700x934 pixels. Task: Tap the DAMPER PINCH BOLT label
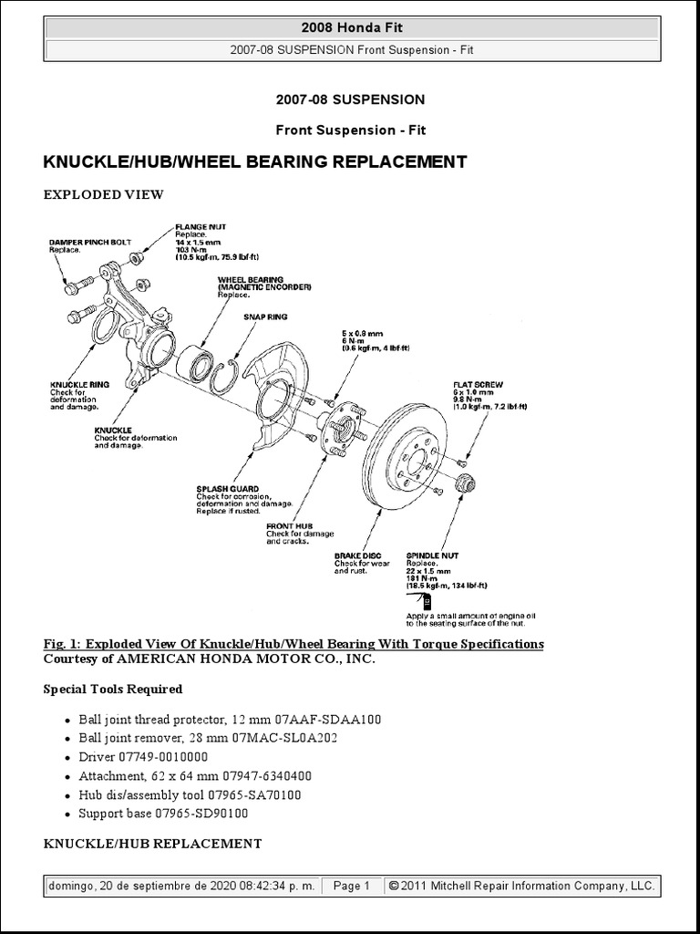click(x=90, y=243)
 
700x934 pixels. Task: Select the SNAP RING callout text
click(x=264, y=317)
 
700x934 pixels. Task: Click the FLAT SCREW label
click(x=478, y=385)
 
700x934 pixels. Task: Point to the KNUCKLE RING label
click(x=79, y=385)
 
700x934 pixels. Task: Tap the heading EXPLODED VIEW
click(x=103, y=194)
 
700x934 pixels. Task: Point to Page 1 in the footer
click(x=351, y=886)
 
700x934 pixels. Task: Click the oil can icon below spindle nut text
click(x=427, y=601)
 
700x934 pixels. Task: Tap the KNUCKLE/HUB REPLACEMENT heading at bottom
click(x=152, y=844)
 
